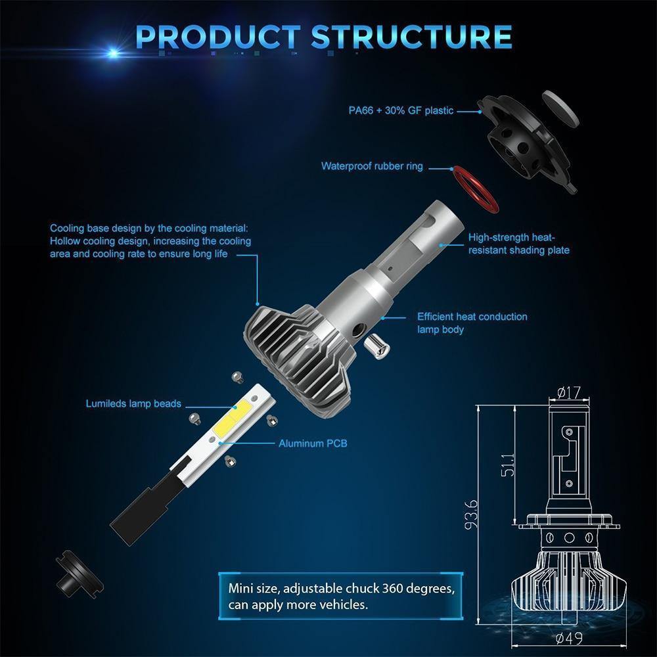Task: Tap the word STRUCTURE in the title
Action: coord(411,37)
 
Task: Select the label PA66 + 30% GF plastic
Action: coord(401,110)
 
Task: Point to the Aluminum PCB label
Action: coord(313,443)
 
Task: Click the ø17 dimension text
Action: coord(568,393)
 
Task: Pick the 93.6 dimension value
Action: coord(471,514)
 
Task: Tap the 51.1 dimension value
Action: coord(508,464)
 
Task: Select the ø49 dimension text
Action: coord(568,638)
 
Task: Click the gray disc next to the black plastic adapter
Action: coord(560,108)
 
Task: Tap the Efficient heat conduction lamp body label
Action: coord(472,323)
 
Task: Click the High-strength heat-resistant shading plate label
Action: coord(519,244)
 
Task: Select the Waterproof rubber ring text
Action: coord(372,166)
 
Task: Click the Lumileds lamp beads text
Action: coord(133,403)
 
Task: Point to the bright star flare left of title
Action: coord(113,53)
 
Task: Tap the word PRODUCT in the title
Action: coord(218,37)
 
